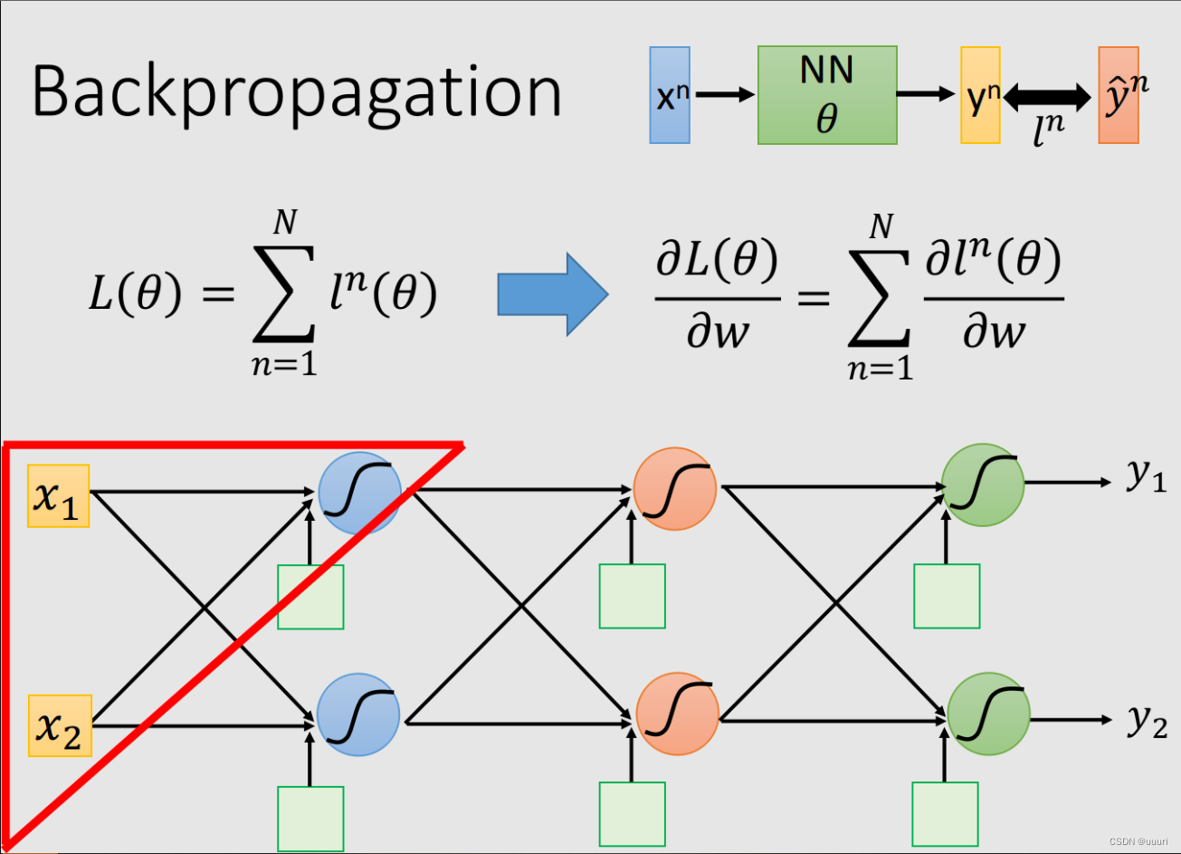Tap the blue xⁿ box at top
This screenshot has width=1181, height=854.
[x=670, y=95]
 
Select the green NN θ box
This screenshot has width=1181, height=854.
[x=827, y=95]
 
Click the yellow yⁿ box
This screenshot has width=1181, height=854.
[x=980, y=95]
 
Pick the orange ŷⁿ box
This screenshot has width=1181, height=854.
[x=1118, y=95]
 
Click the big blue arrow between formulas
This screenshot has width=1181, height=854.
[x=552, y=294]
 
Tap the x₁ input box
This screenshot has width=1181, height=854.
[x=59, y=495]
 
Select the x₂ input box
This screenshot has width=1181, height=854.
[x=59, y=725]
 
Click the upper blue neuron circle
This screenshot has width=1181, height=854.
[x=359, y=492]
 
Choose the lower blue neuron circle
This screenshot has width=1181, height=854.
[x=358, y=715]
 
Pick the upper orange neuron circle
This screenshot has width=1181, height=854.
[x=675, y=489]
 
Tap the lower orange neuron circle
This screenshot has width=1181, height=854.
[x=678, y=715]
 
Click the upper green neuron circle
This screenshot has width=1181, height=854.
[x=983, y=485]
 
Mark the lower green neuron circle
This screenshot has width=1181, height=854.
[x=988, y=714]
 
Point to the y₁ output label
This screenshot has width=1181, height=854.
[x=1147, y=475]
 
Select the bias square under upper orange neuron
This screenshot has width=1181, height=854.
[x=632, y=596]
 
